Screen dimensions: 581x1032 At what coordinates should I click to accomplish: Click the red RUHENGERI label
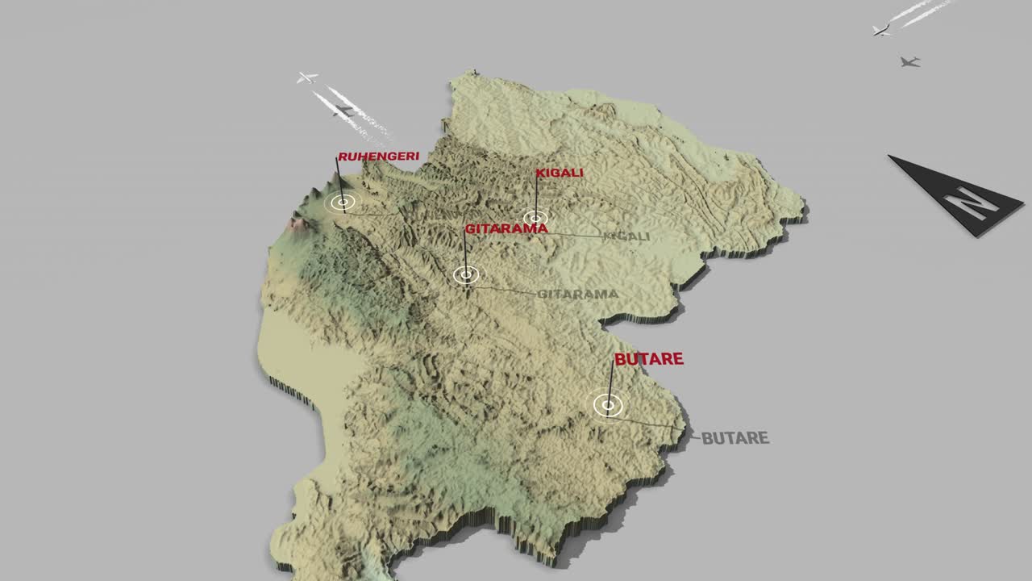coord(378,157)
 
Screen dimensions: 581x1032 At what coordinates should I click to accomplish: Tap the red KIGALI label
coord(560,173)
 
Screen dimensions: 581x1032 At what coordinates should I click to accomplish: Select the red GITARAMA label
coord(506,228)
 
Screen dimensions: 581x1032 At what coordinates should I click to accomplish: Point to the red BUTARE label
coord(648,359)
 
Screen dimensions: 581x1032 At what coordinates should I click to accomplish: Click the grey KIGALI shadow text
coord(626,236)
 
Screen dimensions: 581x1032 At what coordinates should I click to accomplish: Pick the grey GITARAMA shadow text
coord(577,294)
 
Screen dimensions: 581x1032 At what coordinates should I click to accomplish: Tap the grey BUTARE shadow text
coord(734,438)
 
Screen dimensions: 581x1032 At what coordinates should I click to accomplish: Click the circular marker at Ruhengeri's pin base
coord(343,203)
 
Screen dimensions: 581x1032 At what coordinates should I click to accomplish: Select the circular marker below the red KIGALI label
coord(535,217)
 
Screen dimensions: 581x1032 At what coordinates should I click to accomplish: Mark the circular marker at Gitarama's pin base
coord(465,275)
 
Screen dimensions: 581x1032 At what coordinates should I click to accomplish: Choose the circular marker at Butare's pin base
coord(608,404)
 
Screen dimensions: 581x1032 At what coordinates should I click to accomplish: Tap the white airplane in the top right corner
coord(881,30)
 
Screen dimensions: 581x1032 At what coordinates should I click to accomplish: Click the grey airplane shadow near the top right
coord(909,61)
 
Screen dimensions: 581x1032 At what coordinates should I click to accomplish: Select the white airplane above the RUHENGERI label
coord(306,77)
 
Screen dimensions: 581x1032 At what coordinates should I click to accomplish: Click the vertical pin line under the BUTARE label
coord(611,383)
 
